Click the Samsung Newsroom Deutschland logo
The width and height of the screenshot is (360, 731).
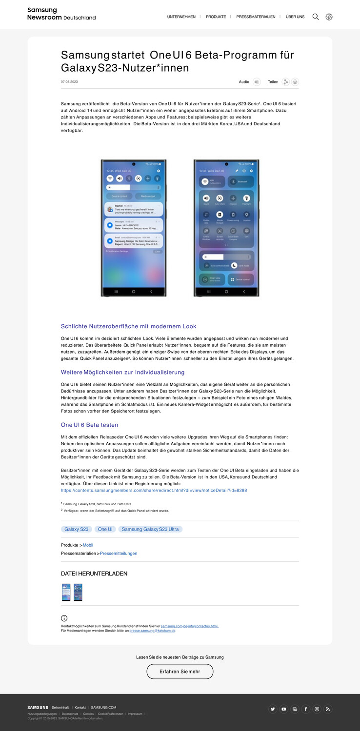pyautogui.click(x=61, y=14)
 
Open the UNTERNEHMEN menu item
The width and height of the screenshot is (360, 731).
pyautogui.click(x=181, y=17)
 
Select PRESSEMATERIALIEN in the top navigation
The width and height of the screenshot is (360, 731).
pyautogui.click(x=256, y=17)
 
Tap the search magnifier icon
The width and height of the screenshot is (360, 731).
pyautogui.click(x=316, y=17)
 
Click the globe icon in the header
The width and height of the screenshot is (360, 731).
pyautogui.click(x=329, y=17)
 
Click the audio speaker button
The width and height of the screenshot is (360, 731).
pyautogui.click(x=257, y=82)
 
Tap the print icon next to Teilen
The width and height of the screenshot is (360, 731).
pyautogui.click(x=295, y=82)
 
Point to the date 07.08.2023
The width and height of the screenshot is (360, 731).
pyautogui.click(x=69, y=82)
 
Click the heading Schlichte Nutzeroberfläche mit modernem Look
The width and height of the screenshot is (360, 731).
pyautogui.click(x=128, y=326)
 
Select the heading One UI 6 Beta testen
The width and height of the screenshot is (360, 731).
pyautogui.click(x=89, y=425)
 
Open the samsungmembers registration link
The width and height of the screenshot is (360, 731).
pyautogui.click(x=154, y=490)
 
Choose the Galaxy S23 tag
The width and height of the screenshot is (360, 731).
pyautogui.click(x=77, y=529)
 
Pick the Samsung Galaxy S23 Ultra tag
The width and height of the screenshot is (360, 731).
pyautogui.click(x=150, y=529)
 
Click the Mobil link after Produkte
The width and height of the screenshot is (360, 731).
pyautogui.click(x=88, y=545)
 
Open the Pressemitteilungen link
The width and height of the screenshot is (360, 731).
pyautogui.click(x=119, y=553)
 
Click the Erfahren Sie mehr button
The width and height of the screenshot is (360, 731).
pyautogui.click(x=180, y=672)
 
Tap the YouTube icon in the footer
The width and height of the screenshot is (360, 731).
pyautogui.click(x=284, y=709)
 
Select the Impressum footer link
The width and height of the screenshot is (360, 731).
pyautogui.click(x=135, y=714)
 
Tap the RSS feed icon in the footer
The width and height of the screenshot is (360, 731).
pyautogui.click(x=328, y=709)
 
